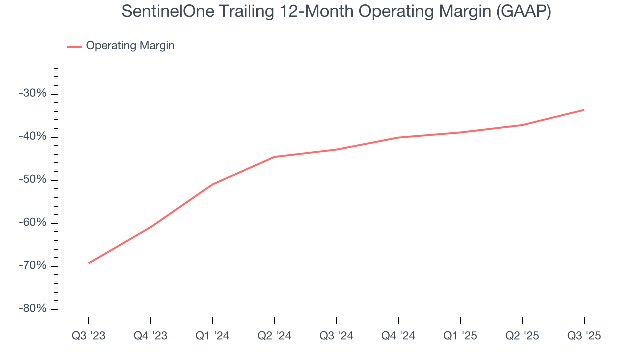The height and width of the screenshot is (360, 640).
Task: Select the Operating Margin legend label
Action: click(x=130, y=46)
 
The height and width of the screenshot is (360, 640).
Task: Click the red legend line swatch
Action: click(x=75, y=46)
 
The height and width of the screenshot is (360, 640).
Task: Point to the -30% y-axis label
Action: click(x=32, y=94)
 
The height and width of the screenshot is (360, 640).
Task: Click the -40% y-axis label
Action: click(x=32, y=137)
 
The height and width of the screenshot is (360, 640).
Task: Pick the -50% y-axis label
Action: click(x=32, y=180)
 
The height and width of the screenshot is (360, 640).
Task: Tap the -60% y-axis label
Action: click(x=32, y=223)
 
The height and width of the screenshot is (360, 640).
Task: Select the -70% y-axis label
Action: click(x=32, y=266)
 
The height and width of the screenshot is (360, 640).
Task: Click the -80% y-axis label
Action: click(x=32, y=309)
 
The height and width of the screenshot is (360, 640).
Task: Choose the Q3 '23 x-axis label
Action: click(x=89, y=336)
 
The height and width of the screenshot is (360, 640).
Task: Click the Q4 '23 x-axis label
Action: click(x=151, y=336)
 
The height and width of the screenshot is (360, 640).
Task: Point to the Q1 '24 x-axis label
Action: click(x=213, y=336)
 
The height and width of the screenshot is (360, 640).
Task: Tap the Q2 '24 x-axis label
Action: click(x=274, y=336)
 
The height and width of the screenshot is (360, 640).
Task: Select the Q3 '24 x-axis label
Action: click(x=336, y=336)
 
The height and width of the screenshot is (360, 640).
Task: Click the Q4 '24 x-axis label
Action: click(x=398, y=336)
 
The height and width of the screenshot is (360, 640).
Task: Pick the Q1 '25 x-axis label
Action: click(x=460, y=336)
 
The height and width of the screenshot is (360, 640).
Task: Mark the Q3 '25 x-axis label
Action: click(x=584, y=336)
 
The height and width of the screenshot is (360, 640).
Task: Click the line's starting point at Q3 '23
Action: click(x=89, y=263)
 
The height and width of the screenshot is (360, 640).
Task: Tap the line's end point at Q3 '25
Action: click(x=584, y=110)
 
